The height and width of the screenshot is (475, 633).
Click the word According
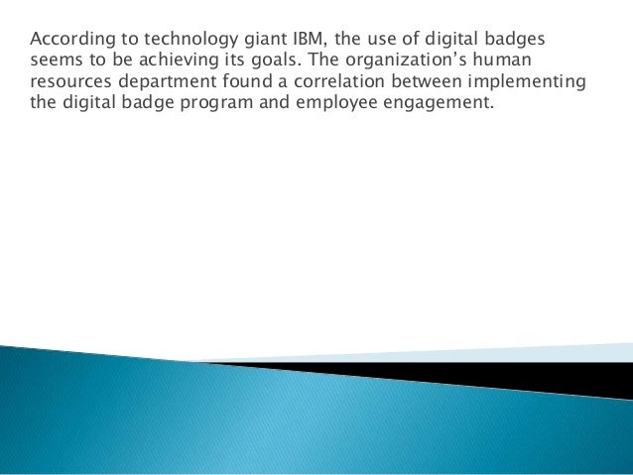pos(67,41)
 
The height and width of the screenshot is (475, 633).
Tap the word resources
pos(67,84)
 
